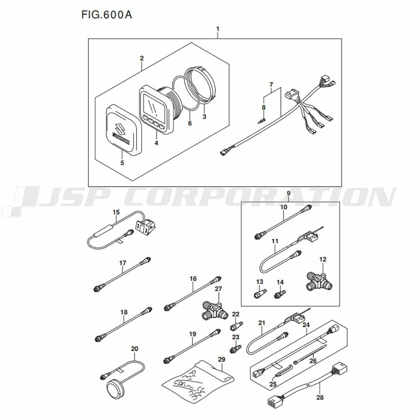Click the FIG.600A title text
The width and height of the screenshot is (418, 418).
click(107, 15)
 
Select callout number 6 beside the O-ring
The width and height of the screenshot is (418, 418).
click(190, 123)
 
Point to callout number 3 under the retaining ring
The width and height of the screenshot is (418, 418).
click(204, 117)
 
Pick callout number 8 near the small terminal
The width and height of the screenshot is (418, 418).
click(264, 107)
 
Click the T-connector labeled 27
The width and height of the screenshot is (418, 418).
click(215, 310)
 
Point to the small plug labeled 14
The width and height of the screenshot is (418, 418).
click(280, 294)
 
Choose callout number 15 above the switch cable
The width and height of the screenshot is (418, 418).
click(116, 212)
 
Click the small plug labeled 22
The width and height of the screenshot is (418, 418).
click(237, 326)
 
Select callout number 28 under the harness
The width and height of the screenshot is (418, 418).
click(320, 398)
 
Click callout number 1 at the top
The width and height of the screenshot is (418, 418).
click(218, 29)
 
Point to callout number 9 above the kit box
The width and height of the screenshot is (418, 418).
click(288, 193)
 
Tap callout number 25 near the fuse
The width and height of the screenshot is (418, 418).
click(273, 384)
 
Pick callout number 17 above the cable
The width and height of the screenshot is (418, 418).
click(122, 263)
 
